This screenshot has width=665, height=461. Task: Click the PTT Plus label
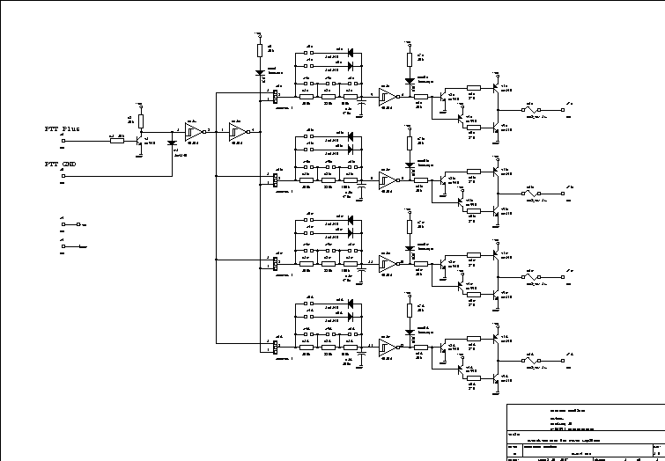pos(62,128)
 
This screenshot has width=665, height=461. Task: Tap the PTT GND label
pos(60,165)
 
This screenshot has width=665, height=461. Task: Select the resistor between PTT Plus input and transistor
pos(117,139)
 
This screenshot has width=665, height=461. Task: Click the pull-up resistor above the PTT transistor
pos(142,120)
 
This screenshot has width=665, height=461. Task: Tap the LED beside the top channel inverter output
pos(410,81)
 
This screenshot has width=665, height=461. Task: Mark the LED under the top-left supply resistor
pos(260,72)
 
